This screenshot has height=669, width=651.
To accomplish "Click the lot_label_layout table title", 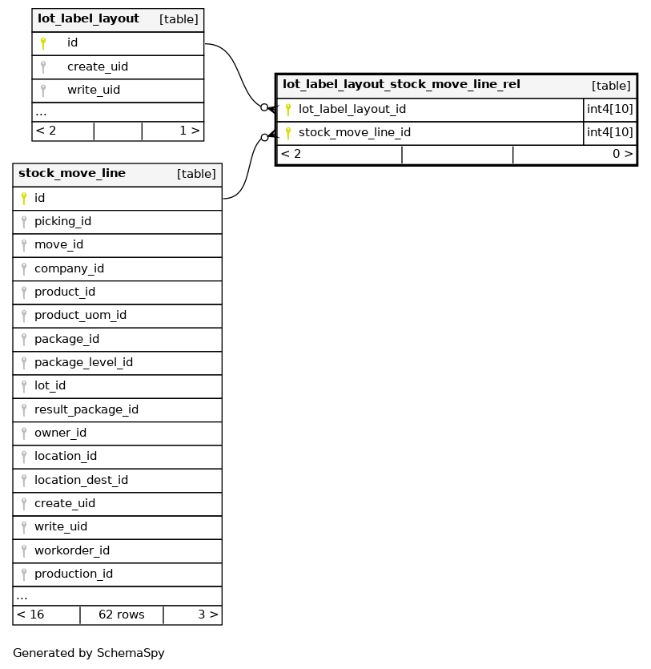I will (88, 18).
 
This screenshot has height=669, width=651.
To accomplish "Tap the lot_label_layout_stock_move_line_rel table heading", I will (401, 84).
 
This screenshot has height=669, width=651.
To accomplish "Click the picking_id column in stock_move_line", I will (62, 221).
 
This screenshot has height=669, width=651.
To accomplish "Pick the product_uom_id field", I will (80, 315).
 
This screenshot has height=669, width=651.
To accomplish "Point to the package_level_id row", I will (83, 362).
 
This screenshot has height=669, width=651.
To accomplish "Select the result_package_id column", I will (86, 409).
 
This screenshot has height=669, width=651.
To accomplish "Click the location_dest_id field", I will (81, 480).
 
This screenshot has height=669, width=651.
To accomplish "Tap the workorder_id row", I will (72, 550).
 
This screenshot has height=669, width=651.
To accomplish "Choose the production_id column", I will (74, 574).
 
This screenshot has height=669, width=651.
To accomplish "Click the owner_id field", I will (60, 433).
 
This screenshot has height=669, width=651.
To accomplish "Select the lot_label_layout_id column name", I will (352, 109).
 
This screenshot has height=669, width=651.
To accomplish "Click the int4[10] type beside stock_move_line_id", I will (610, 132).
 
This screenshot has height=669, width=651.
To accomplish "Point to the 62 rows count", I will (122, 615).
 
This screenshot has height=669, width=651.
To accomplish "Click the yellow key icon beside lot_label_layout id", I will (43, 43).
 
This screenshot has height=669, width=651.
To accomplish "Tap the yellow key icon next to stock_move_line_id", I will (288, 132).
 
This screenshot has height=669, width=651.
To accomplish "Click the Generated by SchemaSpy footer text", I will (89, 653).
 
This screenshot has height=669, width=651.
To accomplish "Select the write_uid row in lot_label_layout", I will (94, 90).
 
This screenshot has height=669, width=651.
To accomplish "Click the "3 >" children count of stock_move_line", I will (207, 615).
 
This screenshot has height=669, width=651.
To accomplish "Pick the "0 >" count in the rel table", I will (622, 154).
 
